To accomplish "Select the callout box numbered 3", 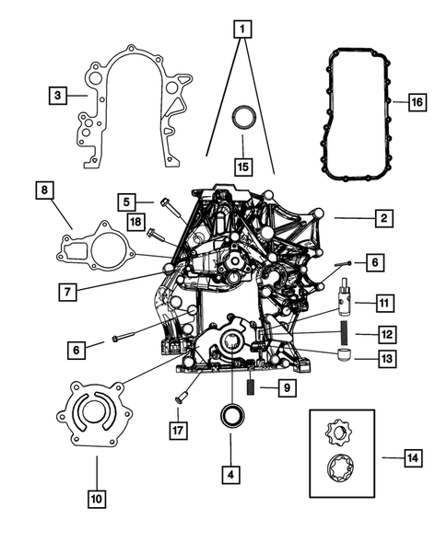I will point(57,95).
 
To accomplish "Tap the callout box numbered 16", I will point(416,101).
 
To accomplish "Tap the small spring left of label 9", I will point(249,387).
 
